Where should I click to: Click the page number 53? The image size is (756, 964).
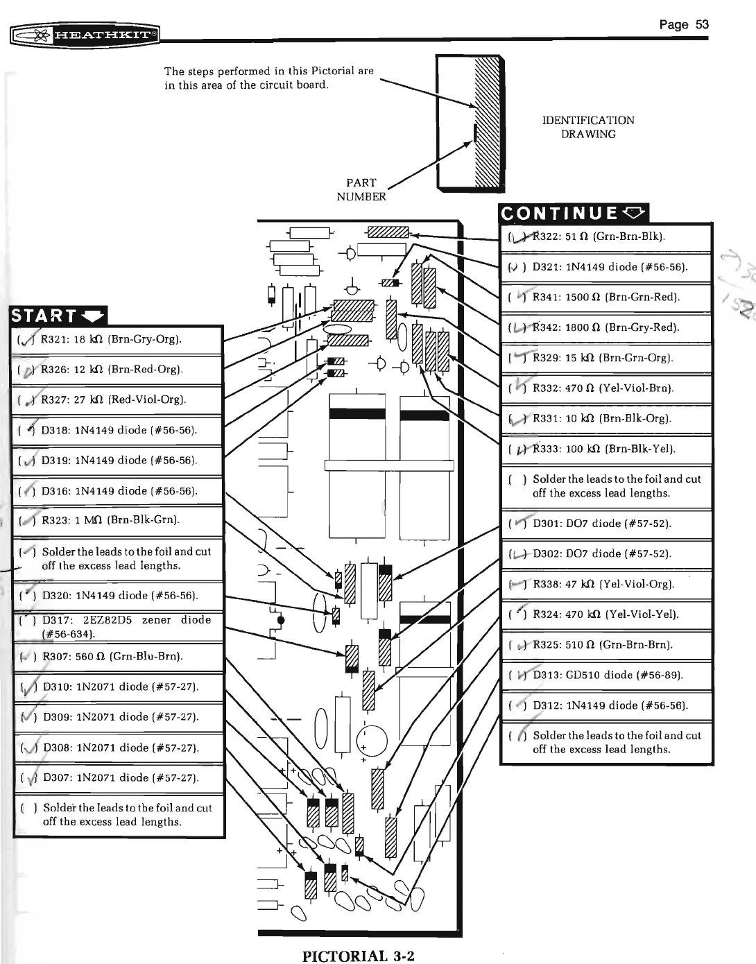tap(683, 25)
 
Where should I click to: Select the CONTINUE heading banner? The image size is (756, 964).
tap(574, 213)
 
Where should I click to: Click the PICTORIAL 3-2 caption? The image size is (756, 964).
tap(358, 956)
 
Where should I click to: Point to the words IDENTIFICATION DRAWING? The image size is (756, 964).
tap(587, 127)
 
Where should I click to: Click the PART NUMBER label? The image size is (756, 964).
tap(361, 189)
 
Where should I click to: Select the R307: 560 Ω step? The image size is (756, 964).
tap(112, 656)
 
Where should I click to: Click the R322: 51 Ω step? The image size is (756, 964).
tap(599, 236)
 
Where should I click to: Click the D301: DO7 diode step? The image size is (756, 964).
tap(601, 524)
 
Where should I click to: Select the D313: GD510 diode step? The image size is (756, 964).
tap(608, 675)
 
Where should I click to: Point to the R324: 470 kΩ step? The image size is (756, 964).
tap(605, 614)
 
